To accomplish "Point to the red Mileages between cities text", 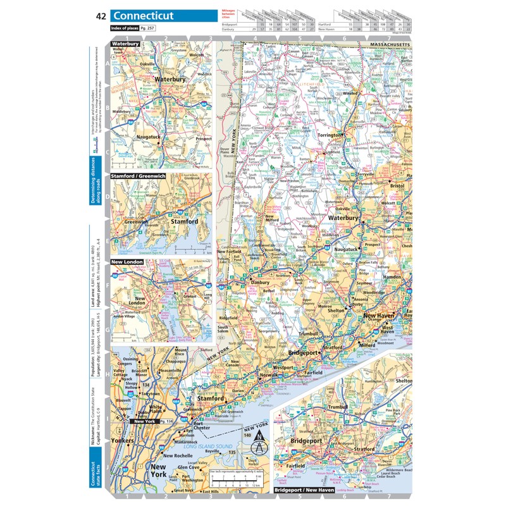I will coord(230,15).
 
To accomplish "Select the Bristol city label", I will coord(397,187).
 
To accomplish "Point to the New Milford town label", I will coord(272,219).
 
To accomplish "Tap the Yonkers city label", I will coord(122,440).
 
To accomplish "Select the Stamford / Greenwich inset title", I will coord(138,176).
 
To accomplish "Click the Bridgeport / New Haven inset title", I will coord(304,490).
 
